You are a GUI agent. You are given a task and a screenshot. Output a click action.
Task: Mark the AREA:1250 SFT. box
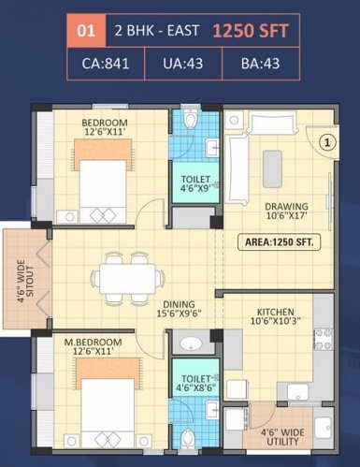(x=278, y=241)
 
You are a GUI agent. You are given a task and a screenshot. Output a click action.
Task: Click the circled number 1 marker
(x=326, y=142)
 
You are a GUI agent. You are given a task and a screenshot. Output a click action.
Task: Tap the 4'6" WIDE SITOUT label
(x=22, y=279)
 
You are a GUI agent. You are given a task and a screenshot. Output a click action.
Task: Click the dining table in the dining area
(x=126, y=277)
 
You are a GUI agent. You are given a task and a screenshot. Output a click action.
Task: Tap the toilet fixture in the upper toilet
(x=191, y=120)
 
